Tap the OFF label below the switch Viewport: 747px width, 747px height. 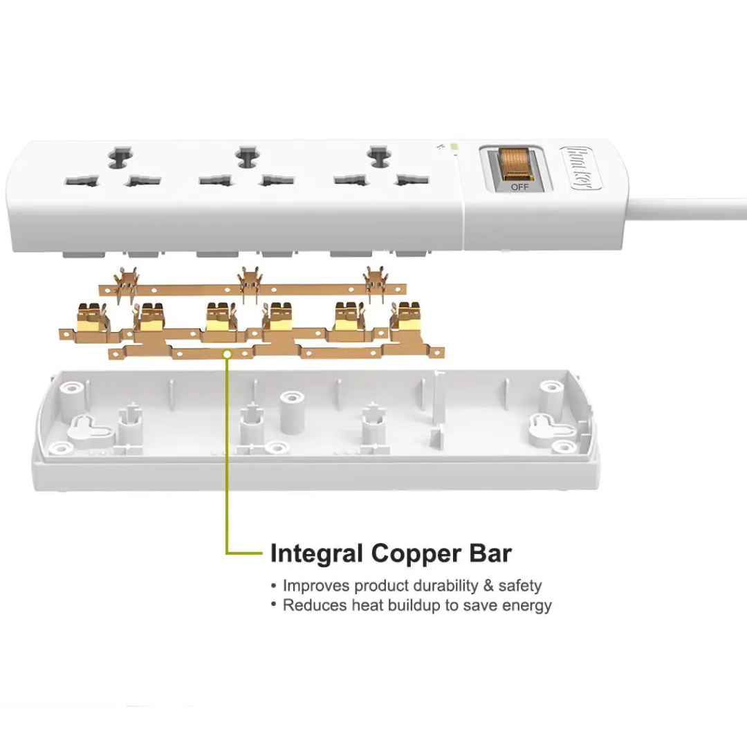click(x=519, y=187)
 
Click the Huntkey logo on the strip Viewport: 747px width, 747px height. click(x=581, y=168)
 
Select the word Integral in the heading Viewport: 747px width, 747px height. click(x=316, y=554)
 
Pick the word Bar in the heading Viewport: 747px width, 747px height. click(x=490, y=553)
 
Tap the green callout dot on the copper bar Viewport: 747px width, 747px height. click(x=228, y=354)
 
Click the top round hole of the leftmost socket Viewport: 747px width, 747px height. click(x=120, y=158)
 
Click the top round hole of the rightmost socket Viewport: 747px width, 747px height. click(x=379, y=156)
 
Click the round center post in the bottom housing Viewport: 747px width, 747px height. click(x=292, y=412)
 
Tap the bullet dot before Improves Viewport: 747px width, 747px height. click(x=273, y=586)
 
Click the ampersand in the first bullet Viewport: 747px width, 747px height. click(x=488, y=585)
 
